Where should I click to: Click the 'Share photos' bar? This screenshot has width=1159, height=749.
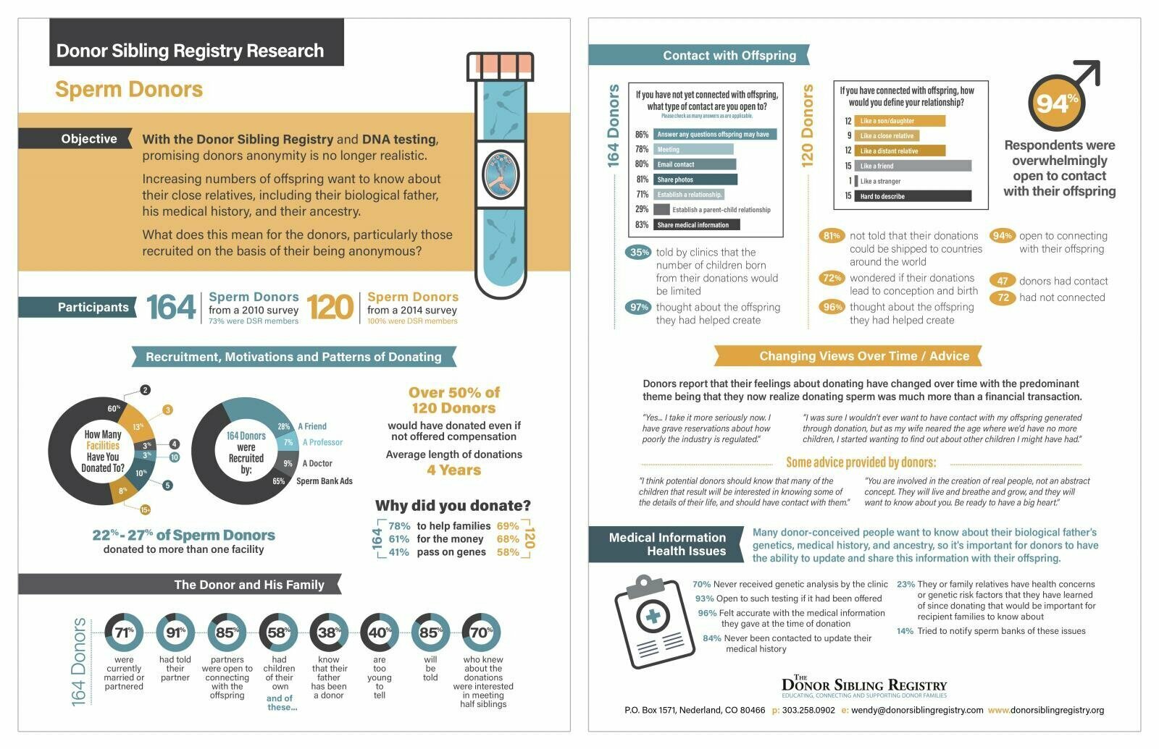[695, 179]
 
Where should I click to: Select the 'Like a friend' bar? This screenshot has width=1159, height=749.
[913, 166]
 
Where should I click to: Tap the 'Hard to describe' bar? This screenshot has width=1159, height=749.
[913, 196]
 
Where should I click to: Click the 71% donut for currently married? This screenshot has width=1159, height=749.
[124, 632]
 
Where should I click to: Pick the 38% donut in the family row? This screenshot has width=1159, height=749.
[329, 632]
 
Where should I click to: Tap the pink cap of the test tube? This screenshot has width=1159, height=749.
[500, 67]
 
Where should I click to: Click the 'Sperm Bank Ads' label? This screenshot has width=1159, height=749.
[325, 481]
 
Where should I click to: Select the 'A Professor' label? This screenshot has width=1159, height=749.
[322, 442]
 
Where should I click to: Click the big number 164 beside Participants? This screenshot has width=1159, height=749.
[171, 308]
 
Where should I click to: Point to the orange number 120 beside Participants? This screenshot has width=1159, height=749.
[330, 308]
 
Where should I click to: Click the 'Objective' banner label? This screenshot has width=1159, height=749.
[88, 139]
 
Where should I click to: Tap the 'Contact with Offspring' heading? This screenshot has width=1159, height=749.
[729, 55]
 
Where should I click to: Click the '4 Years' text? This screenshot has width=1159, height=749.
[453, 470]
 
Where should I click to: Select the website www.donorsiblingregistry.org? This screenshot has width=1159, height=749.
[1046, 710]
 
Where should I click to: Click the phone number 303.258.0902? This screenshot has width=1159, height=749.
[808, 710]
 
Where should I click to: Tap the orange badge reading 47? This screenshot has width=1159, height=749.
[1003, 281]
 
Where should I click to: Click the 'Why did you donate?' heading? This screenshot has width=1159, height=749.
[453, 506]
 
